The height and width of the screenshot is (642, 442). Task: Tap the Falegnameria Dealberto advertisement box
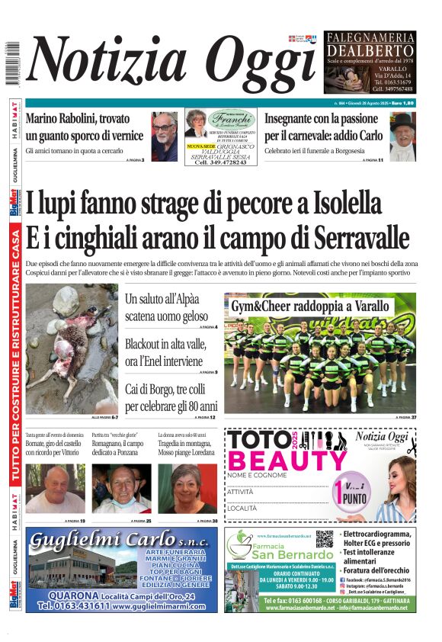370,62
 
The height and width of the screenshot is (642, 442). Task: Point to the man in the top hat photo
402,136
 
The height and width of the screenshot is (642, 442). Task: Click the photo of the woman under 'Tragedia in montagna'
187,488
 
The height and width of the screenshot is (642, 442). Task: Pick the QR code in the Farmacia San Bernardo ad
324,539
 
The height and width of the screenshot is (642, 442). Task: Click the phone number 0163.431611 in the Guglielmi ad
74,606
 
